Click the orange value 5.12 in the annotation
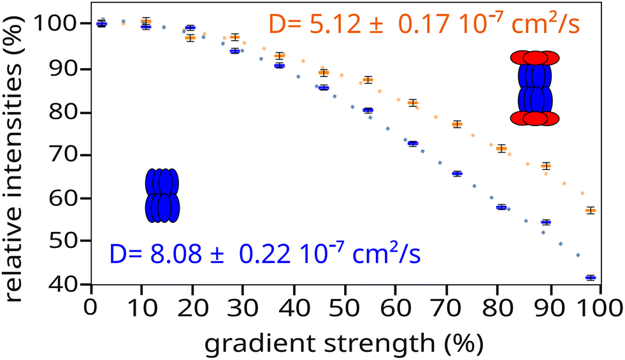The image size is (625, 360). tap(327, 25)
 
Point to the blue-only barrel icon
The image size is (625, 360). tap(162, 196)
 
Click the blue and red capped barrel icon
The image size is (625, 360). tap(535, 89)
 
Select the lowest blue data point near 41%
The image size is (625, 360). tap(591, 278)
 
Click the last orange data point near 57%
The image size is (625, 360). tap(591, 210)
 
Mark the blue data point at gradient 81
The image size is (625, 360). tap(501, 207)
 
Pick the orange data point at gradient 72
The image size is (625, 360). tap(457, 124)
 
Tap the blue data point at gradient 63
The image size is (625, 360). tap(413, 144)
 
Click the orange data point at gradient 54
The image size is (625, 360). tap(368, 80)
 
